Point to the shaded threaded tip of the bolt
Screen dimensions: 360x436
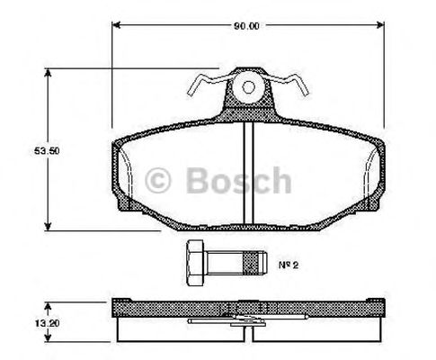(x=257, y=264)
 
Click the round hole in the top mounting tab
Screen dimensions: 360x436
(x=249, y=88)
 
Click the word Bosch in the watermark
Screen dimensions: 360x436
(x=238, y=182)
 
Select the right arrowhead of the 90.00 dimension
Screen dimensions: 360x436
(x=381, y=26)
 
